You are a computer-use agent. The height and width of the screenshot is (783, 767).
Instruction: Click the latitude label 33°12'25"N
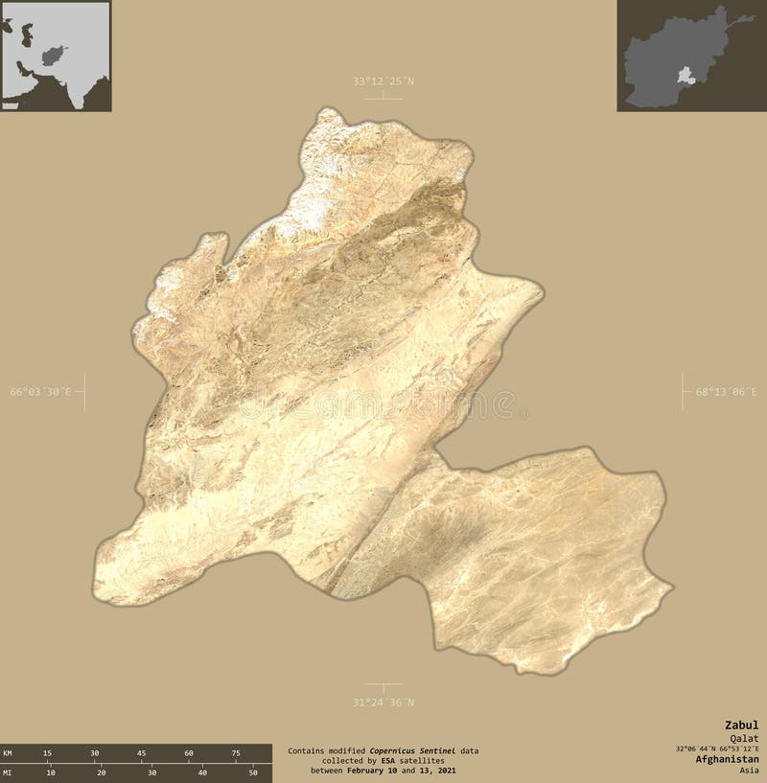pos(383,81)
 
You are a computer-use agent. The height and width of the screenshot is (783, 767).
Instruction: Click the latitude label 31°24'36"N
pos(383,702)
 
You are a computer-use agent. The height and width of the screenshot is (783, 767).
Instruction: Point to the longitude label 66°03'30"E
pos(41,392)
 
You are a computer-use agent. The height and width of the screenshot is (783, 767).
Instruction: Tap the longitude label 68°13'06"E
pos(726,392)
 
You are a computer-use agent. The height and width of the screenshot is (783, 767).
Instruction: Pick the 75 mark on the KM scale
pos(236,753)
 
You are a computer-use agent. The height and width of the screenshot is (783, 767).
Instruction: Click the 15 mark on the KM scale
pos(47,753)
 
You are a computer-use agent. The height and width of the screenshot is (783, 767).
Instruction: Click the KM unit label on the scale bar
pos(9,753)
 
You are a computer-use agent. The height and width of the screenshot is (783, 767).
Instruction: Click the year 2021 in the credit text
pos(442,771)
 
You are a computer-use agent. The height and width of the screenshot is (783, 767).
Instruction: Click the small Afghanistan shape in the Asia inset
pos(57,50)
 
